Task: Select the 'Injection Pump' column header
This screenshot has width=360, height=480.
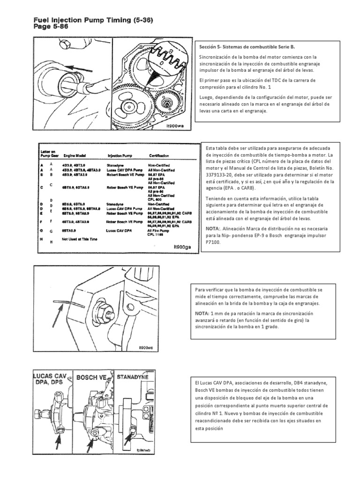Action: tap(120, 156)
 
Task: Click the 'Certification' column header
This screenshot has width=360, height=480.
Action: tap(159, 156)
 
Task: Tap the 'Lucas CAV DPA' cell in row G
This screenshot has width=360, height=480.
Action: tap(119, 230)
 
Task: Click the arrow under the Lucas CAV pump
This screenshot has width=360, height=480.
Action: tap(59, 441)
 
